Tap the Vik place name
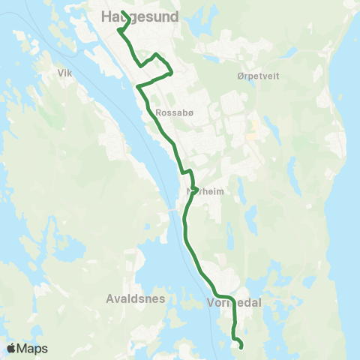(x=64, y=73)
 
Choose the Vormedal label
(x=231, y=304)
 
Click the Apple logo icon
(x=11, y=348)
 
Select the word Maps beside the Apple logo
(x=32, y=349)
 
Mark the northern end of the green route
(x=121, y=11)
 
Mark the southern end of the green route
(x=241, y=347)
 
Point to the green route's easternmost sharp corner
(x=172, y=73)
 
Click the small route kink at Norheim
(x=193, y=187)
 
